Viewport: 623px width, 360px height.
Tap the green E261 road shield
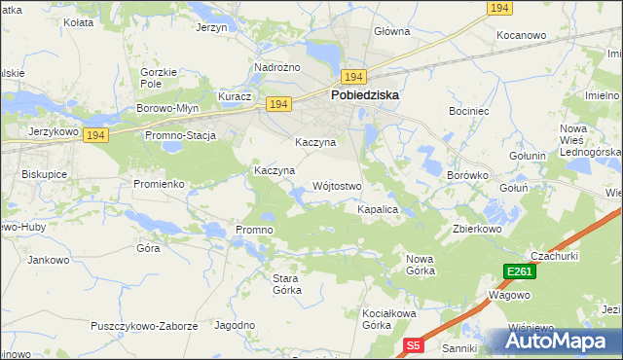click(x=519, y=271)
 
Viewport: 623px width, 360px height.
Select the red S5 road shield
click(x=414, y=345)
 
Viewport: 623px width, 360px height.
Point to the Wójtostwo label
click(x=337, y=186)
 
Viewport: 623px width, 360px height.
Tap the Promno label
click(x=254, y=230)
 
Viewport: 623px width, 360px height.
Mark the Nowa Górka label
click(x=420, y=264)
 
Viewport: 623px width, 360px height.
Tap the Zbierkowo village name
click(x=476, y=230)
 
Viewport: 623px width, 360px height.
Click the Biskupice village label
click(x=43, y=174)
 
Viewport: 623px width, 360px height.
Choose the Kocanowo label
click(x=521, y=35)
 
